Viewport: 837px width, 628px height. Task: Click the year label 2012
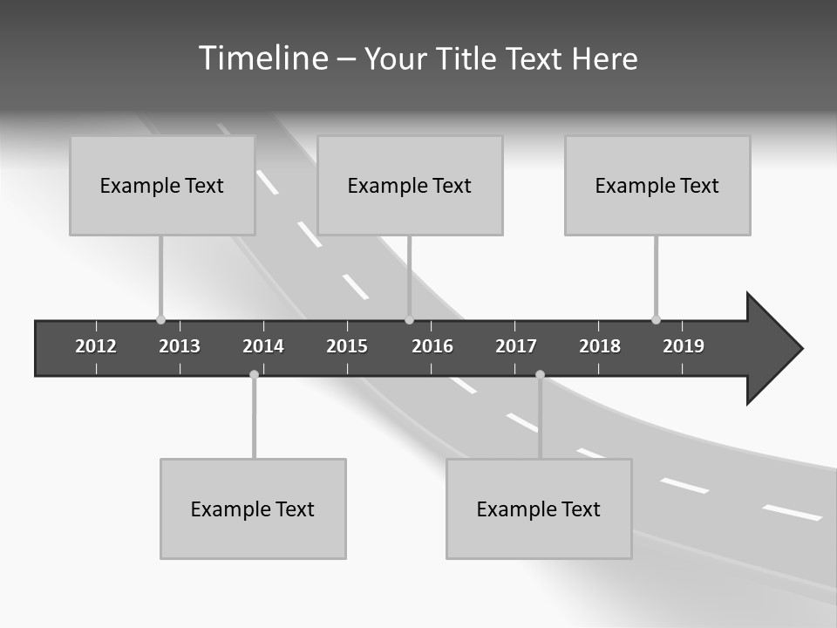[96, 346]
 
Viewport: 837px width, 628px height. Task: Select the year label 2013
[180, 346]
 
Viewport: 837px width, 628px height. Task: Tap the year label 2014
[263, 346]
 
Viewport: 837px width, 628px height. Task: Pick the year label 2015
[347, 346]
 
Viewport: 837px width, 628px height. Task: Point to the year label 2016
[432, 346]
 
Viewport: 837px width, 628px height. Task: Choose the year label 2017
[516, 346]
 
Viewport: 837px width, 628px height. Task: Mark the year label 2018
[600, 346]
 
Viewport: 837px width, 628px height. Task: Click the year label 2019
[684, 346]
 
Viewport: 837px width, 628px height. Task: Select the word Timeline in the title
[262, 58]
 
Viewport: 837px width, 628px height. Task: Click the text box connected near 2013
[162, 185]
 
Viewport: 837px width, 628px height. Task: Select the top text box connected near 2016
[410, 185]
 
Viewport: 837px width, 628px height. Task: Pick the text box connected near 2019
[657, 185]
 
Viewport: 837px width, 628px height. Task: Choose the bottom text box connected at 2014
[253, 509]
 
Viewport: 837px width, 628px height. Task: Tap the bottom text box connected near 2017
[539, 509]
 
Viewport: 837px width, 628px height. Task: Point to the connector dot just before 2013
[160, 319]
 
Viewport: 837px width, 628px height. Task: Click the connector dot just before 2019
[656, 319]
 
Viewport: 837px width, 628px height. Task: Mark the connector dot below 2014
[254, 374]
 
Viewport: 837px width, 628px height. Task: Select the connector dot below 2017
[540, 374]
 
